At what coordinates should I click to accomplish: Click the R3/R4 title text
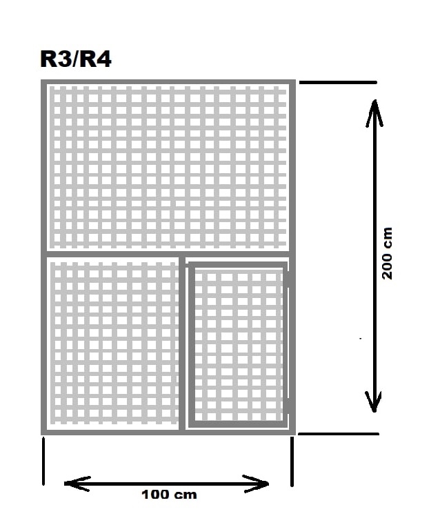click(x=76, y=59)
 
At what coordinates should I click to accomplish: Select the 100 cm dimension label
click(x=169, y=495)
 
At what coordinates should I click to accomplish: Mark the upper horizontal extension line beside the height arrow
click(x=338, y=82)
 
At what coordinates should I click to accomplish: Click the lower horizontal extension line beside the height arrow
click(x=338, y=434)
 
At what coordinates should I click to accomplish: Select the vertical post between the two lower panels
click(x=182, y=343)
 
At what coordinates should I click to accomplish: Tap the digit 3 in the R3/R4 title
click(x=64, y=59)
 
